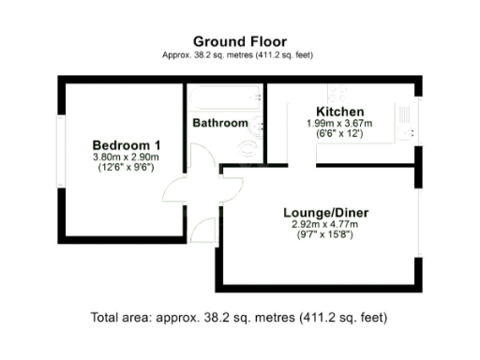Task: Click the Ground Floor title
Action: click(x=238, y=40)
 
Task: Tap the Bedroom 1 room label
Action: click(x=126, y=144)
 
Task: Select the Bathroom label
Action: click(x=220, y=123)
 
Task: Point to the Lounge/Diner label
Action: click(x=325, y=213)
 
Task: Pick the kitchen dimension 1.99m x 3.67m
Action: click(x=339, y=123)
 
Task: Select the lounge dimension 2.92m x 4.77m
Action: click(x=325, y=225)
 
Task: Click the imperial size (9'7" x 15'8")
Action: click(x=325, y=236)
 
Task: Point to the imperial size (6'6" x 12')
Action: click(x=339, y=134)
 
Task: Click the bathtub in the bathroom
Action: click(x=225, y=97)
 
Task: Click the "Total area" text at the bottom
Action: click(x=238, y=317)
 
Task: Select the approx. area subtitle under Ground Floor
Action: click(x=238, y=55)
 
